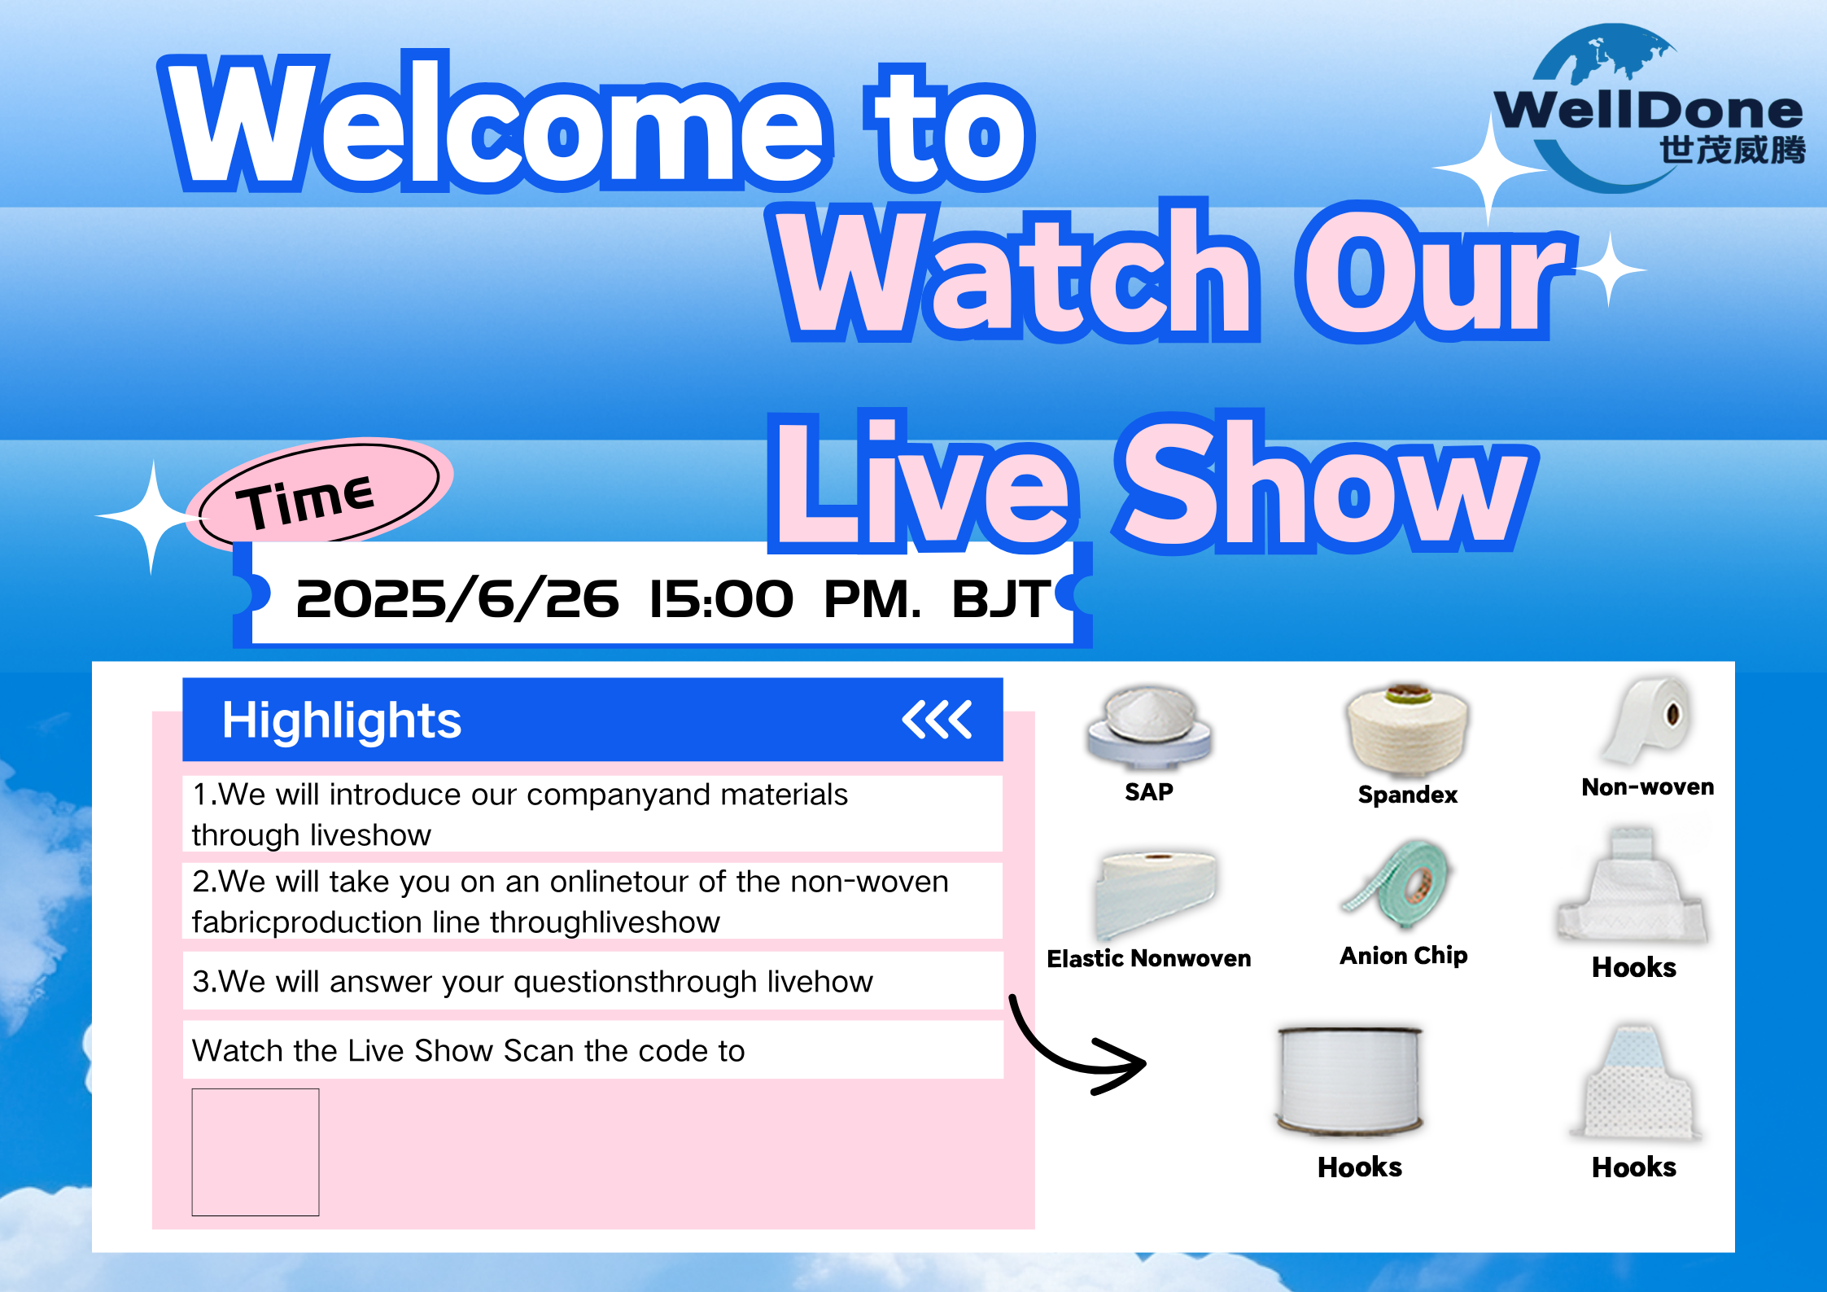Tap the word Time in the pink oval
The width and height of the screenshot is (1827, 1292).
pyautogui.click(x=305, y=500)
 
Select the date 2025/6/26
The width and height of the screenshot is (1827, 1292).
pyautogui.click(x=457, y=599)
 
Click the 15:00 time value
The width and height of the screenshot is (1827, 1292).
pyautogui.click(x=720, y=599)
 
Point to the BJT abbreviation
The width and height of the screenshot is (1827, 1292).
pyautogui.click(x=1002, y=599)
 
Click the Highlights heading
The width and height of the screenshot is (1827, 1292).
pyautogui.click(x=342, y=720)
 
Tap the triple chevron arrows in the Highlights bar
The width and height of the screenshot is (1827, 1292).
pyautogui.click(x=937, y=719)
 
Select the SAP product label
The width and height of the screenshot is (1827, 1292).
pyautogui.click(x=1149, y=791)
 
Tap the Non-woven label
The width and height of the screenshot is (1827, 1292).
pyautogui.click(x=1648, y=786)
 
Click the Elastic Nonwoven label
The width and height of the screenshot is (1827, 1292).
pyautogui.click(x=1149, y=958)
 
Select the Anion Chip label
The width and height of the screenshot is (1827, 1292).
pyautogui.click(x=1404, y=955)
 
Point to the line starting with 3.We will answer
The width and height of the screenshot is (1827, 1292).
pyautogui.click(x=532, y=981)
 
